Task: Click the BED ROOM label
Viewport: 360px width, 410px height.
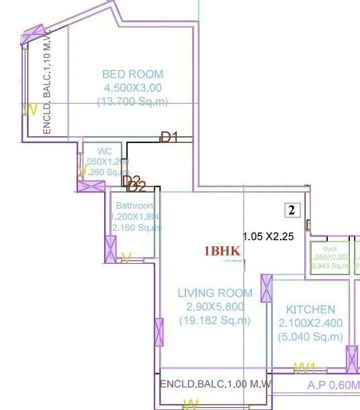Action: coord(132,74)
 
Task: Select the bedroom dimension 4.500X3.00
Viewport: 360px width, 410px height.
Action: coord(132,88)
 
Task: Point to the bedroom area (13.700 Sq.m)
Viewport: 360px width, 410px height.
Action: coord(132,101)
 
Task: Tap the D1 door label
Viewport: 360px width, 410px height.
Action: coord(169,138)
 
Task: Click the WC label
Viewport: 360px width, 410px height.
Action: coord(104,151)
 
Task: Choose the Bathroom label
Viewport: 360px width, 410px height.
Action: coord(134,205)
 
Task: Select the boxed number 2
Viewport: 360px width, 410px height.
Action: coord(291,210)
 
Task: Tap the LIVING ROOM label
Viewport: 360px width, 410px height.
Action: coord(215,293)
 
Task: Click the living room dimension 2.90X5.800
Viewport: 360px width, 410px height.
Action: coord(215,307)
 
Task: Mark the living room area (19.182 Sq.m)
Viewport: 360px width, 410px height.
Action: coord(215,321)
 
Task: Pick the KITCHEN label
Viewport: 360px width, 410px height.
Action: coord(310,309)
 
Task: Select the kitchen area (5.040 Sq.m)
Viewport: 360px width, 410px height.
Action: coord(310,337)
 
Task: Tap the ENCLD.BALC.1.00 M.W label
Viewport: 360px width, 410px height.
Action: coord(215,385)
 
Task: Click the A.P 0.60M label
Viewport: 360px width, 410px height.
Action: coord(332,385)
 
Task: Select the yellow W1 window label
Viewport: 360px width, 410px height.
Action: coord(305,367)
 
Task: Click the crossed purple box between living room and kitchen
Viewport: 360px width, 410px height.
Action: coord(267,288)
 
